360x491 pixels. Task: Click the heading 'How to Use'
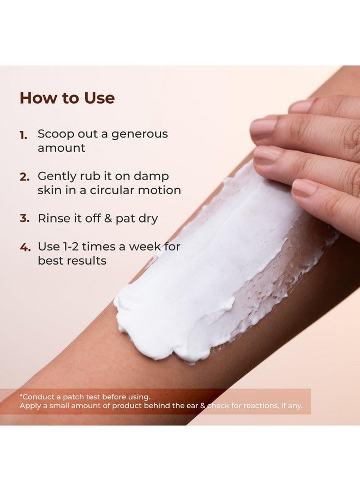(67, 98)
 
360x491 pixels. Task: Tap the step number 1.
(23, 135)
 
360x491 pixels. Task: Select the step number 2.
(25, 177)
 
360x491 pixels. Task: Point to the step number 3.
(25, 218)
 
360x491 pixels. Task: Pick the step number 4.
(25, 247)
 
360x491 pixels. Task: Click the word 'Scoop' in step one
(56, 134)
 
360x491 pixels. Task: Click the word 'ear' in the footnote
(193, 405)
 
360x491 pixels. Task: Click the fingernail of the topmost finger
(301, 107)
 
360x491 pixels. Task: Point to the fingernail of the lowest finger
(304, 189)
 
